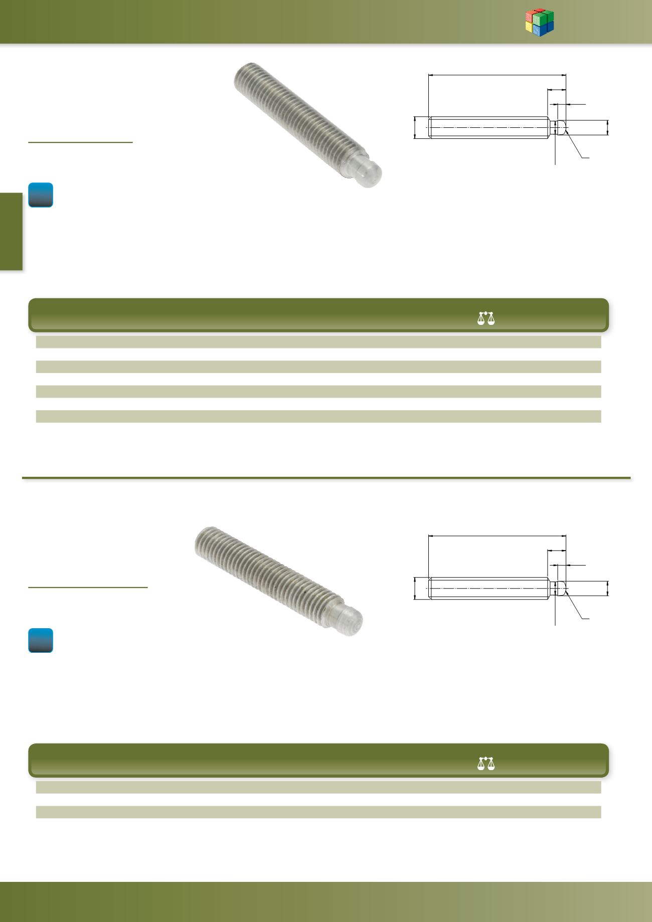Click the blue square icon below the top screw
[41, 195]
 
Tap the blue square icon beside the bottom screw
[41, 640]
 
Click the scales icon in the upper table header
[486, 318]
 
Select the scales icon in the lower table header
[486, 763]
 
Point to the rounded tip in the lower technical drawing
[562, 588]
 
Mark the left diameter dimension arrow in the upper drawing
[415, 127]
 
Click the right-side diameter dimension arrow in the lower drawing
[608, 588]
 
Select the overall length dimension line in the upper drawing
[497, 75]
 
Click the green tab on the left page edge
[11, 232]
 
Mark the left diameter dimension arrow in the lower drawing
[415, 588]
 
